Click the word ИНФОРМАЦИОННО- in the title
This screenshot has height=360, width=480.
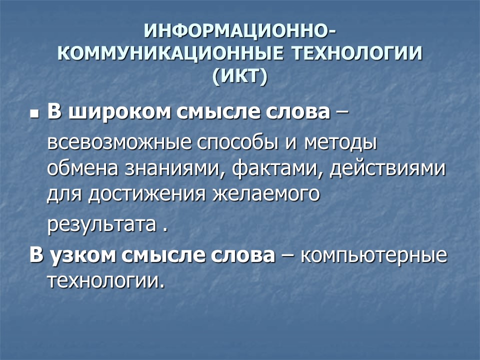(239, 31)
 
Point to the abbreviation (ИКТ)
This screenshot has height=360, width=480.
(240, 76)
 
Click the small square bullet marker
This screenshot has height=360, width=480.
(34, 114)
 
